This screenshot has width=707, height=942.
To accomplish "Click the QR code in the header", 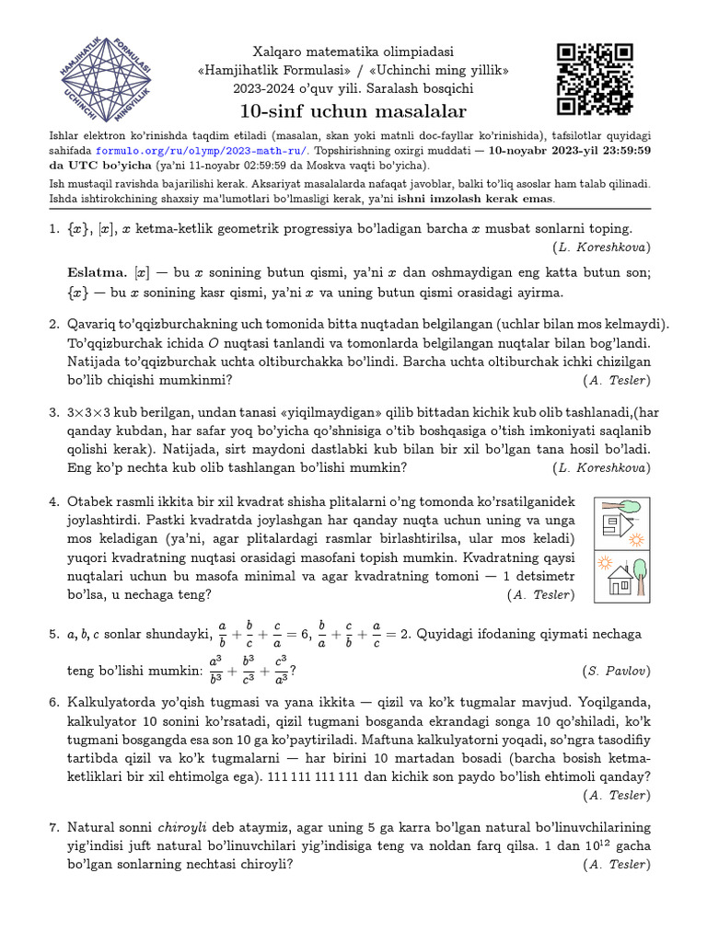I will pyautogui.click(x=595, y=80).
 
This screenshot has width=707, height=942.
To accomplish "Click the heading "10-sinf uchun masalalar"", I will pyautogui.click(x=353, y=112).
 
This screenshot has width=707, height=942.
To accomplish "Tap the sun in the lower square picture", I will pyautogui.click(x=605, y=562).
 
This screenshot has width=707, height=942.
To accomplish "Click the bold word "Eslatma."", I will pyautogui.click(x=98, y=273).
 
